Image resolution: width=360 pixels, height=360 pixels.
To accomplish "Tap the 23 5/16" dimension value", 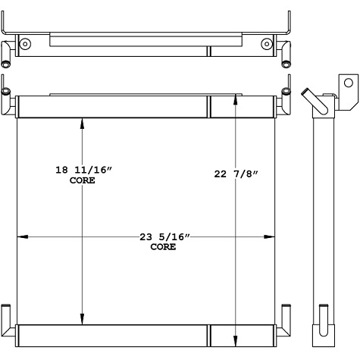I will pyautogui.click(x=164, y=238).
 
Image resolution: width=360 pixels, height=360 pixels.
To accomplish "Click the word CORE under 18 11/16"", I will pyautogui.click(x=82, y=183).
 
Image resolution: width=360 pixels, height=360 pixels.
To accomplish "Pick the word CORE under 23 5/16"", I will pyautogui.click(x=163, y=247).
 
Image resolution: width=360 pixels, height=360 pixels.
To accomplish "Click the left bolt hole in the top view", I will pyautogui.click(x=26, y=45).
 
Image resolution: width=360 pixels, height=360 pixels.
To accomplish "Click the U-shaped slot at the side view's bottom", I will pyautogui.click(x=324, y=315).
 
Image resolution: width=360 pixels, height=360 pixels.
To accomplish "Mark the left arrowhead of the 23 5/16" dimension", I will pyautogui.click(x=22, y=238).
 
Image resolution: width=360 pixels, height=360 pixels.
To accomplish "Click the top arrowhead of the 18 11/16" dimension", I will pyautogui.click(x=83, y=124).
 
